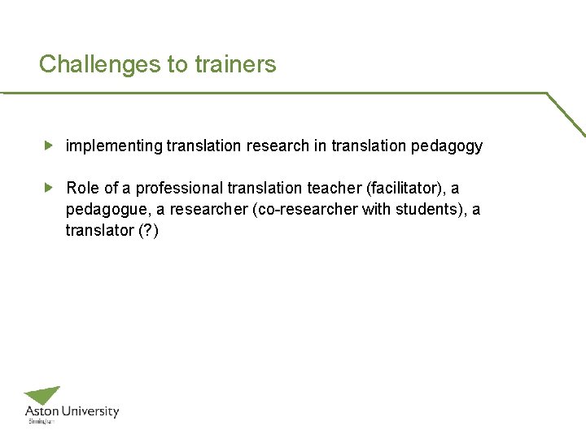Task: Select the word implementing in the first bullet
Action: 114,146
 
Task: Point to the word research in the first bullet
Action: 277,146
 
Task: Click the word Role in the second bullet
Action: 82,189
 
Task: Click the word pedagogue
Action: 102,210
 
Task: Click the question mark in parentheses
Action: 149,231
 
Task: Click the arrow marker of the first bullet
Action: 49,146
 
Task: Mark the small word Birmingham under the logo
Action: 42,422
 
